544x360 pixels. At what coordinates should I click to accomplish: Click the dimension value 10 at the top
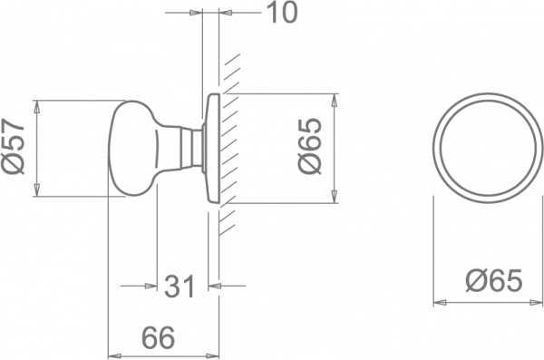283,13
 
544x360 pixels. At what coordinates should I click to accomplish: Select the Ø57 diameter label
14,147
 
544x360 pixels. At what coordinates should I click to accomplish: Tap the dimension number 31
180,287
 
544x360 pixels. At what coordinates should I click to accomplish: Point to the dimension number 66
159,337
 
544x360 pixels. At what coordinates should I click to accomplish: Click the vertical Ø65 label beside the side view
310,146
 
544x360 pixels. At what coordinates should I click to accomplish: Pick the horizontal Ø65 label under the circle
494,280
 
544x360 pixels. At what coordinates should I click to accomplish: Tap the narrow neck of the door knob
188,149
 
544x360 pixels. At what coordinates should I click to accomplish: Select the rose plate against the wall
212,148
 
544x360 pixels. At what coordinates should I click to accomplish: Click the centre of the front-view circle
488,148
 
